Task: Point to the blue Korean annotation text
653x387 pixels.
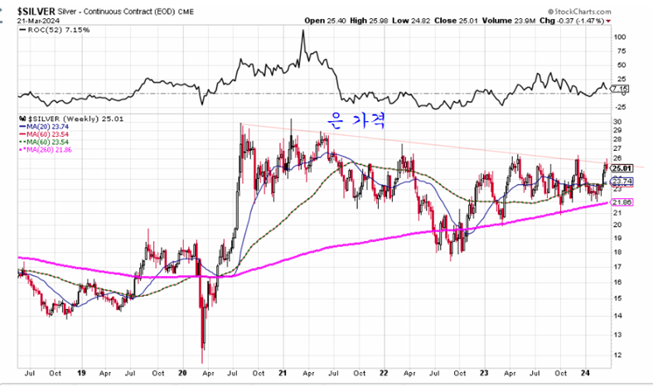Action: click(348, 122)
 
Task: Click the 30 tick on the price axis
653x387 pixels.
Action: click(617, 121)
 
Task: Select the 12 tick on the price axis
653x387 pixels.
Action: click(617, 354)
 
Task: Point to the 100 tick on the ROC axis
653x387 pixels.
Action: click(620, 37)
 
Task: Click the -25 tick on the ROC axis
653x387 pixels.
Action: click(620, 106)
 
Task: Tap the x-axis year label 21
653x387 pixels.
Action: click(283, 374)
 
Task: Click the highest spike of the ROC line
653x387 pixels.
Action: click(303, 31)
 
